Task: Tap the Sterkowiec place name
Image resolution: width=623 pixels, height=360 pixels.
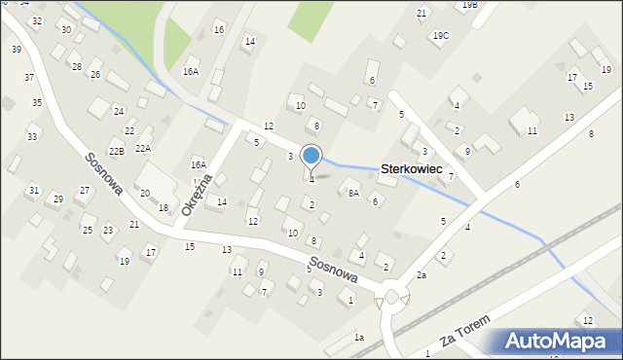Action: pos(412,169)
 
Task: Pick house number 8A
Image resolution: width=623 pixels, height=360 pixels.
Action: pos(354,193)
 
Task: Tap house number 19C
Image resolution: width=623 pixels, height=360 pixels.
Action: pos(441,36)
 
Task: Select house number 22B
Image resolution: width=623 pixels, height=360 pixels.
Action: pos(116,151)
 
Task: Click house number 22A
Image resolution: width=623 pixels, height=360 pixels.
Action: pos(143,148)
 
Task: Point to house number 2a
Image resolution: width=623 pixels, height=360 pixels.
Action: pos(421,275)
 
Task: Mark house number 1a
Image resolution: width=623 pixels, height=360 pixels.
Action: pos(358,337)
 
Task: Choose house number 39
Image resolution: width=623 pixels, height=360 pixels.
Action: pos(17,49)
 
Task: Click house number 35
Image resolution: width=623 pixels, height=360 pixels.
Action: pos(36,102)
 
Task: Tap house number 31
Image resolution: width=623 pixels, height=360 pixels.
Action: pos(34,190)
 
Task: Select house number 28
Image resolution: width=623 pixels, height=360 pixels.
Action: pos(77,66)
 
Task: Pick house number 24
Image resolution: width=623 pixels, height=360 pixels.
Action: pos(118,111)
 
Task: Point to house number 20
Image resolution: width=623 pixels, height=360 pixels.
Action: pos(144,194)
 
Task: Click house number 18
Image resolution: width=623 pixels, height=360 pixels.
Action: pos(164,208)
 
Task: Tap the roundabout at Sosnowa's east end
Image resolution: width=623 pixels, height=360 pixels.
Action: pos(394,296)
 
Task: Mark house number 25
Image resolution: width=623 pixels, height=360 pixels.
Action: pos(87,230)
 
